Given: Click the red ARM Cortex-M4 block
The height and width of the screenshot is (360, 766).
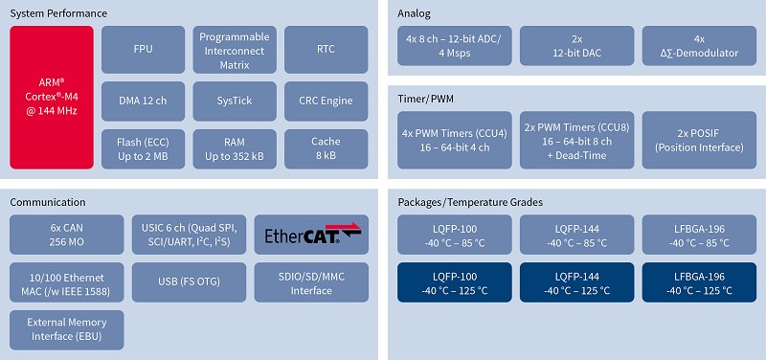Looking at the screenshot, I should coord(52,97).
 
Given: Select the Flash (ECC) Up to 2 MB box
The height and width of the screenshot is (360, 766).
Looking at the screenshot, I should coord(143,147).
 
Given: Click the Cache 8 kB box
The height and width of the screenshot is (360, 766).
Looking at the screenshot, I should coord(327,147).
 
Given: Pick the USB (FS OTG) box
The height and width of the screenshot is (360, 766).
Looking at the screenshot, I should coord(189,282).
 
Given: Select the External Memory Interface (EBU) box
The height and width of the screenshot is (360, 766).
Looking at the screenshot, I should coord(66,329).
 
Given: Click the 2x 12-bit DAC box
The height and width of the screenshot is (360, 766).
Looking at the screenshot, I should coord(577,46).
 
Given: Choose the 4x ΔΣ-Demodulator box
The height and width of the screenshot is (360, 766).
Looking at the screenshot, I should coord(699,46).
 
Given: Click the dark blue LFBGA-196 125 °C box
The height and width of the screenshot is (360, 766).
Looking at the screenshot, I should coord(699,282).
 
